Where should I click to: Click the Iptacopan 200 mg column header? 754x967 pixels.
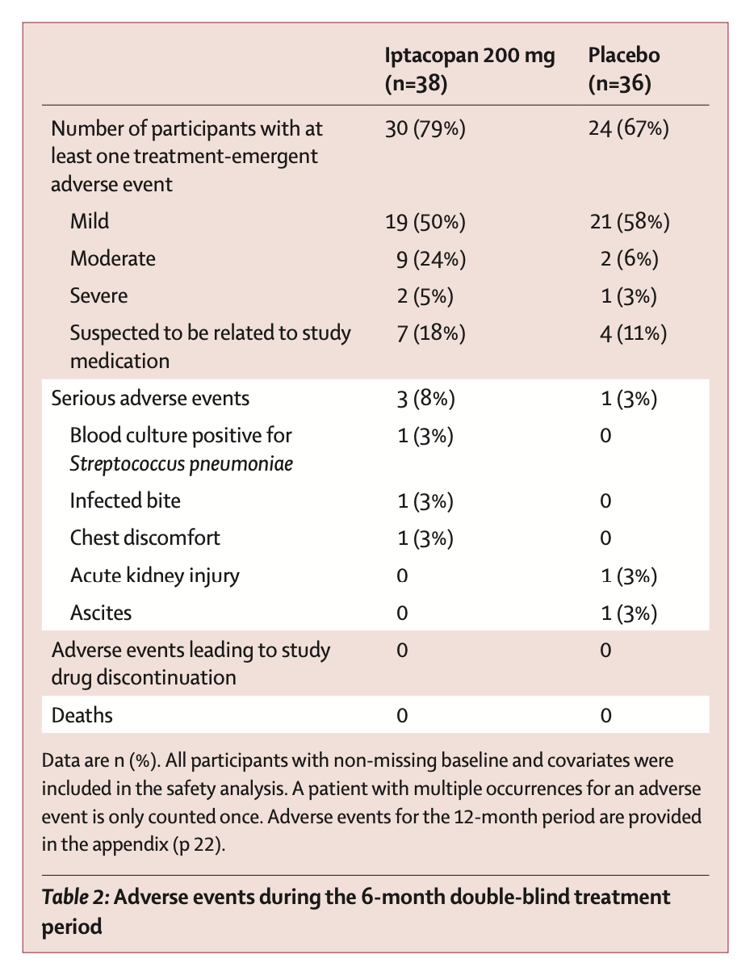(469, 69)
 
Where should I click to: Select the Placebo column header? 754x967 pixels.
(624, 69)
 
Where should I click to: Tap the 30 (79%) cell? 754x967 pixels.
(425, 129)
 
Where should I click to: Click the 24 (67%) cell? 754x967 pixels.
(629, 129)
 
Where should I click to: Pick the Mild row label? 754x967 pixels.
(90, 221)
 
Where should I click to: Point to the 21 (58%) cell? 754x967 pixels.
(629, 221)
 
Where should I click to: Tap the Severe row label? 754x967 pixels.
(98, 295)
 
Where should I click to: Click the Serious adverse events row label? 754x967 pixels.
(150, 398)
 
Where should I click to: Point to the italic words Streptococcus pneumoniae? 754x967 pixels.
(182, 464)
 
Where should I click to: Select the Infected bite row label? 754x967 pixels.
(125, 500)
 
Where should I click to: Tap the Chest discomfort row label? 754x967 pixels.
(145, 538)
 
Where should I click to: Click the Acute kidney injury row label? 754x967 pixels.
(155, 575)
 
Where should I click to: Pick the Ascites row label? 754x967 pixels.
(101, 612)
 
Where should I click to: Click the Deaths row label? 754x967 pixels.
(82, 715)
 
